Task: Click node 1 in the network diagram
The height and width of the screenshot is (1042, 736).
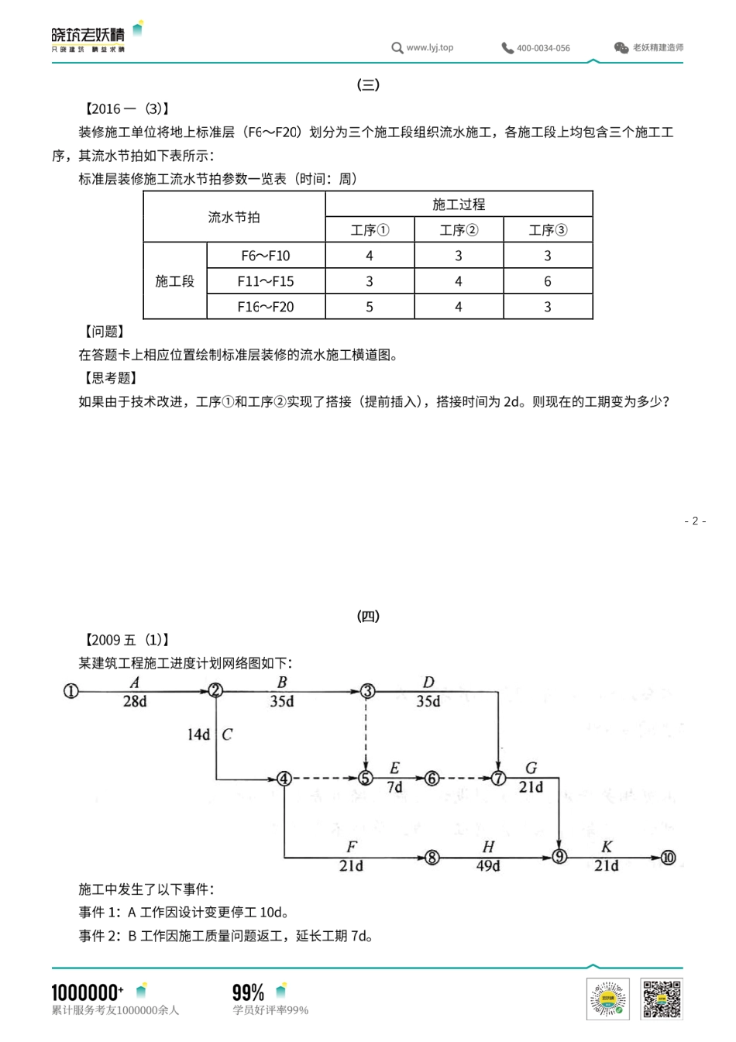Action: coord(71,690)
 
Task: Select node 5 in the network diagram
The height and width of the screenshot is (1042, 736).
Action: coord(366,778)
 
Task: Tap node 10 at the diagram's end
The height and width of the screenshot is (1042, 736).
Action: coord(668,857)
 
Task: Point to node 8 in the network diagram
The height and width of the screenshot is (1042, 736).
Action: coord(432,857)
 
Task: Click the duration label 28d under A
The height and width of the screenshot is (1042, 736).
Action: coord(135,701)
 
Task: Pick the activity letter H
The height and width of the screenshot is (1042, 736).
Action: coord(488,847)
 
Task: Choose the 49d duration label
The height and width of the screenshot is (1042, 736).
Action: coord(488,866)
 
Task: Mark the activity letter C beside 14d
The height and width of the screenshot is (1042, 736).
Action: coord(227,734)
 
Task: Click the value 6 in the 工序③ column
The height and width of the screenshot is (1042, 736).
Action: coord(548,281)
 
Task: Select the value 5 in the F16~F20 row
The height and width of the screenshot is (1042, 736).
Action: coord(370,307)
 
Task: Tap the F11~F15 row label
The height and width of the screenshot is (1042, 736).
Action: coord(266,281)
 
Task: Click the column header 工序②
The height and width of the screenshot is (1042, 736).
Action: coord(459,230)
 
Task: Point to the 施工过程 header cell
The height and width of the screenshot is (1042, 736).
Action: coord(459,205)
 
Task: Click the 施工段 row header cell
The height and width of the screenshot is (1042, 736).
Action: coord(175,281)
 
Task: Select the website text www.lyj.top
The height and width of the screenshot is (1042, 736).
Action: coord(430,47)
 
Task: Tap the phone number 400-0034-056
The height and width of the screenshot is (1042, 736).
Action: coord(543,48)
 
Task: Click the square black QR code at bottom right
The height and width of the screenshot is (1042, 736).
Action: coord(661,999)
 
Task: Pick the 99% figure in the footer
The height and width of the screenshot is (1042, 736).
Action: coord(248,992)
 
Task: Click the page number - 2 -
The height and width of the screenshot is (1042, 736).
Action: coord(695,521)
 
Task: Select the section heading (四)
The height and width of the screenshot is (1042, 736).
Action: coord(368,617)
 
